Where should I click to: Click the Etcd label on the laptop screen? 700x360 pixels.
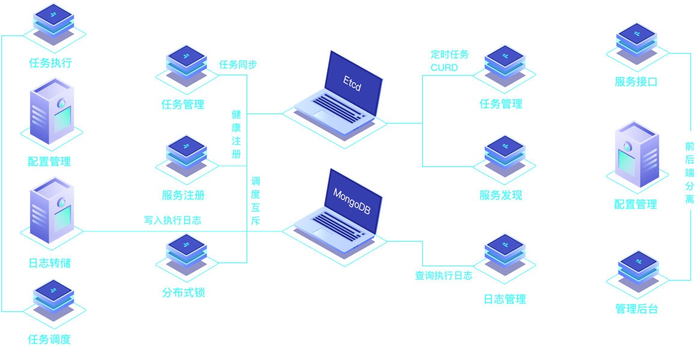(x=352, y=83)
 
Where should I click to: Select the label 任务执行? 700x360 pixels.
(x=51, y=63)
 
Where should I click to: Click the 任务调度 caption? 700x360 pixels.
(x=49, y=339)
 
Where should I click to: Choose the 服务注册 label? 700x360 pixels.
(x=183, y=195)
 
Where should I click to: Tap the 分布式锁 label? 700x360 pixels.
(x=183, y=293)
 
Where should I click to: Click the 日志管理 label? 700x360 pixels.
(x=505, y=299)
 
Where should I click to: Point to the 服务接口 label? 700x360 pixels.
(x=636, y=82)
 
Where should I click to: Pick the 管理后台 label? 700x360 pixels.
(x=636, y=309)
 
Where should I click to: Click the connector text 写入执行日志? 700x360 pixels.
(x=172, y=221)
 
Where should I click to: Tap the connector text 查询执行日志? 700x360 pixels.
(x=443, y=276)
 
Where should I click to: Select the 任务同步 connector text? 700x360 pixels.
(x=238, y=64)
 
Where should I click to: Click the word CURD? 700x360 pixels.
(x=444, y=67)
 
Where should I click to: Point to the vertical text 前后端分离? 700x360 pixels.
(x=689, y=172)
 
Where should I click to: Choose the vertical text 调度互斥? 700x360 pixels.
(x=256, y=201)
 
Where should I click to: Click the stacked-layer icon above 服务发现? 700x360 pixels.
(x=504, y=156)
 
